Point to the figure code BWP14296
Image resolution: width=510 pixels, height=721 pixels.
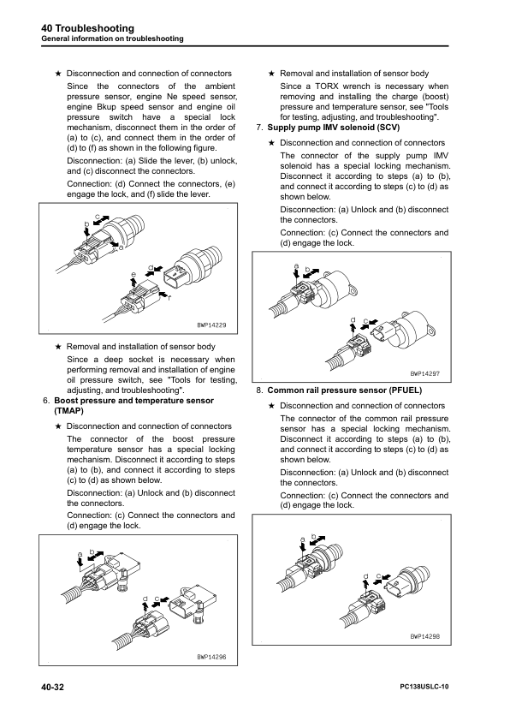[x=214, y=657]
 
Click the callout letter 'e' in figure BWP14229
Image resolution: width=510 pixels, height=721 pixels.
[x=133, y=274]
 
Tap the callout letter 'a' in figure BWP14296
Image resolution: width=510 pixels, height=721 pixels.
[x=80, y=554]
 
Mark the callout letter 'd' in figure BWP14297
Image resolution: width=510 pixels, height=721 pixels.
[x=353, y=319]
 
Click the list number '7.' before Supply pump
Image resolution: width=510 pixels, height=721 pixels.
[x=259, y=128]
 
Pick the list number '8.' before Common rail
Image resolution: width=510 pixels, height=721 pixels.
[x=259, y=390]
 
